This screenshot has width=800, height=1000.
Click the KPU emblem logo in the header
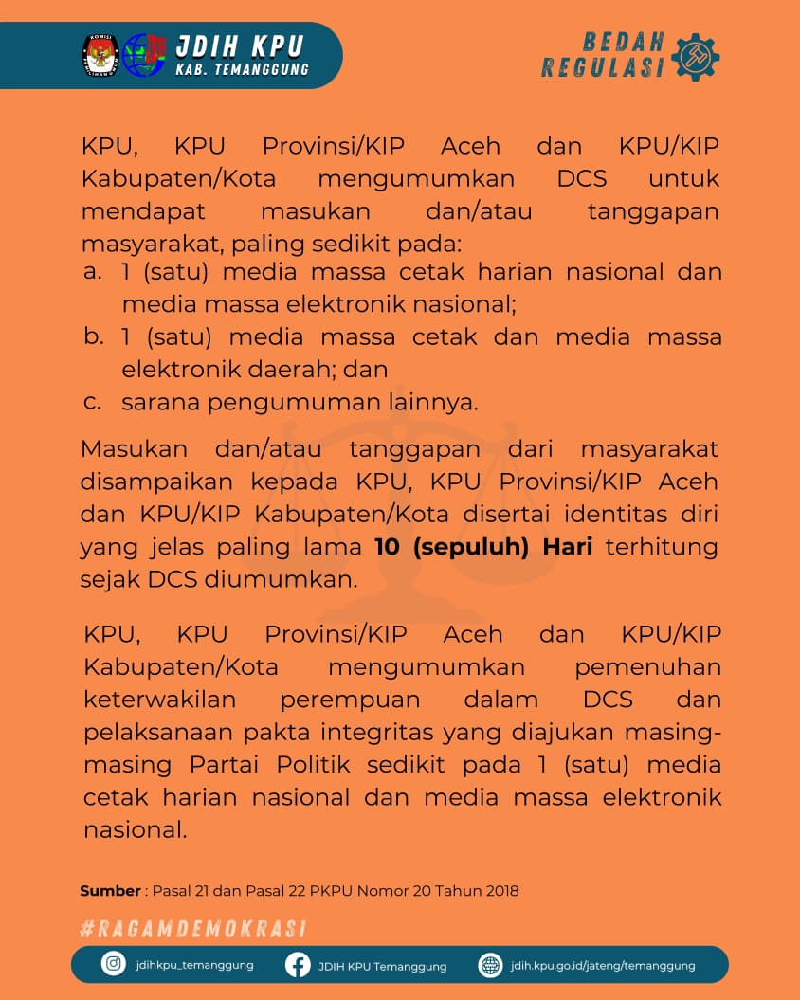(x=99, y=55)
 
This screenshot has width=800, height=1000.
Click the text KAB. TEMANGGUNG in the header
(x=242, y=70)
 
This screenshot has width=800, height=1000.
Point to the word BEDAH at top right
(x=623, y=42)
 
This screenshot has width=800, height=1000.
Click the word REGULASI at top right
(x=603, y=67)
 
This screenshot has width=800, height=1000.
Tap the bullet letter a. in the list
(x=92, y=272)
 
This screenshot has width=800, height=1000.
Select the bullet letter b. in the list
(x=93, y=336)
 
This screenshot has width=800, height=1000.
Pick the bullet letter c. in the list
(x=92, y=402)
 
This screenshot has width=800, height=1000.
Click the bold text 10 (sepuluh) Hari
(x=483, y=547)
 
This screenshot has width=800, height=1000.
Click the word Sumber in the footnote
(x=110, y=891)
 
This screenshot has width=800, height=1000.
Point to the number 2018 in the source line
(x=500, y=891)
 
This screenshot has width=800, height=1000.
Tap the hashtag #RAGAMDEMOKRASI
(x=192, y=929)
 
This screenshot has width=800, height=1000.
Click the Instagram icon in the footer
(x=114, y=965)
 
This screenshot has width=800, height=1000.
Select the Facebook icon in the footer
(x=298, y=965)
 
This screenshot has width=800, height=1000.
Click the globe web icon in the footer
(x=490, y=965)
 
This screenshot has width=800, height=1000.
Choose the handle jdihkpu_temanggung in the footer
(x=194, y=966)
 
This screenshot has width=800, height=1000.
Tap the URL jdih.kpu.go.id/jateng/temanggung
(x=602, y=966)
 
